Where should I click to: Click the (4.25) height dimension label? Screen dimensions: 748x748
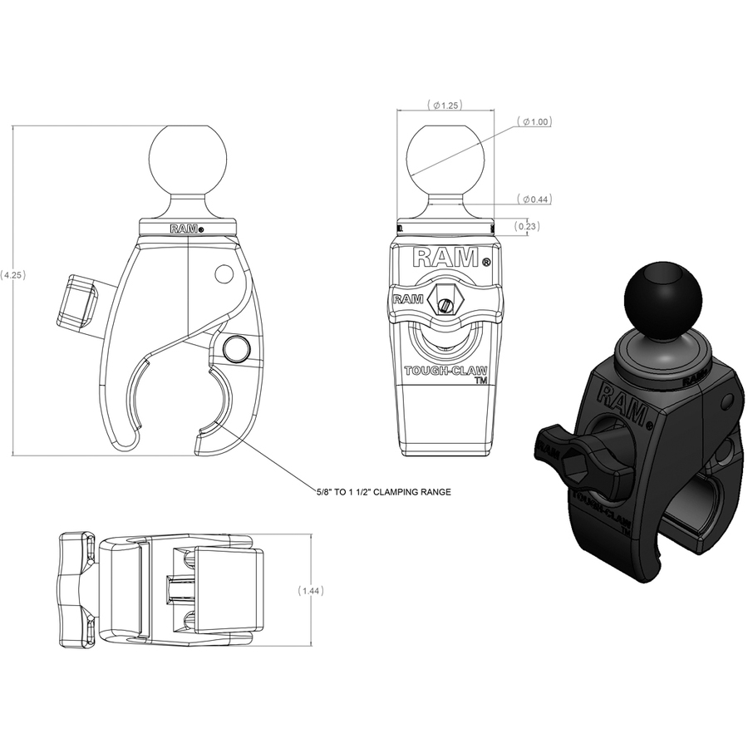coord(12,275)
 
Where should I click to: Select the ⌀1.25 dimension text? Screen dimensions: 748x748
coord(445,105)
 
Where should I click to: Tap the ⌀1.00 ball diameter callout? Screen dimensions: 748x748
coord(534,121)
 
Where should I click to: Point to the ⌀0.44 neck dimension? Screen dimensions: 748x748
coord(534,199)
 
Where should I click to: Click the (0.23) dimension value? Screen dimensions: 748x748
coord(527,226)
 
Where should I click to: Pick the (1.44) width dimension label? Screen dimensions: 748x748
coord(311,591)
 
